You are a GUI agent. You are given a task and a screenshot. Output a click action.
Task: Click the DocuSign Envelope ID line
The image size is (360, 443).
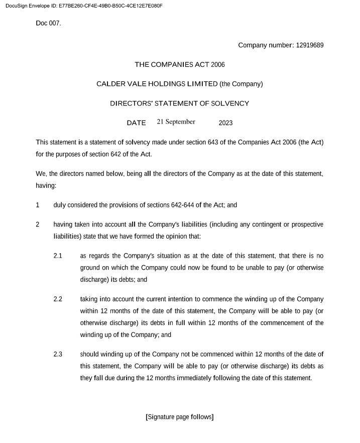tap(82, 6)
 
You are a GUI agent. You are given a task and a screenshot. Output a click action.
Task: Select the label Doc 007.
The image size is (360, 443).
tap(48, 23)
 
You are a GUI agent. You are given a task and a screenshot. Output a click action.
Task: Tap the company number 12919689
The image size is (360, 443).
tap(310, 45)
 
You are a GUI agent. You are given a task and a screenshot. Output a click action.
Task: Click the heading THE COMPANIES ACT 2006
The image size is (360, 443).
tap(180, 65)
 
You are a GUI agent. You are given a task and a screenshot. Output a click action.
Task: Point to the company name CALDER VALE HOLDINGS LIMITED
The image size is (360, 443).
tap(157, 84)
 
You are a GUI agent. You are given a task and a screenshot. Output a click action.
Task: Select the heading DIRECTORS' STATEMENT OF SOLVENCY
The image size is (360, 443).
tap(180, 103)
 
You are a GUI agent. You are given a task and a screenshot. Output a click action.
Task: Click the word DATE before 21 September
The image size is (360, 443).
tap(136, 123)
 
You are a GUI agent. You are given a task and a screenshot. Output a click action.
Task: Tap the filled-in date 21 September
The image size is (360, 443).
tap(176, 122)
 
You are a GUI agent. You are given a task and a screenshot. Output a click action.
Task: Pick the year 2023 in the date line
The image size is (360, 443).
tap(225, 123)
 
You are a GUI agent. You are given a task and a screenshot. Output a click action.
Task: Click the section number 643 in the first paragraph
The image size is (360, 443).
tap(213, 143)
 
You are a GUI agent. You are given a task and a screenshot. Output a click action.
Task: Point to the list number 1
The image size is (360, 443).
tap(38, 205)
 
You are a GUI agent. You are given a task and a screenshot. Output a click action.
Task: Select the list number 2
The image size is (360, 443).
tap(38, 225)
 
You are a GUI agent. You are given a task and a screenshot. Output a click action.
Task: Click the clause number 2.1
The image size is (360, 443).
tap(58, 256)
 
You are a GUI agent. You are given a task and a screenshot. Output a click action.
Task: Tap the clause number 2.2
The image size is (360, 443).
tap(58, 299)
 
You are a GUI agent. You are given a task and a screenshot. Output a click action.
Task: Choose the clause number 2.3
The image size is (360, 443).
tap(58, 355)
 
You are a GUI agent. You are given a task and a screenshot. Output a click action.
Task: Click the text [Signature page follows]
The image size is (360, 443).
tap(179, 417)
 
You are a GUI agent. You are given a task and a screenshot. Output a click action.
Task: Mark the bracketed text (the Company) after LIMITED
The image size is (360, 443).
tap(242, 84)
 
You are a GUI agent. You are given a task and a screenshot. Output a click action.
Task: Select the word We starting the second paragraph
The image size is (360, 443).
tap(41, 174)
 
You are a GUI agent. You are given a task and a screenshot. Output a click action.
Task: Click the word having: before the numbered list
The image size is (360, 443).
tap(46, 185)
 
